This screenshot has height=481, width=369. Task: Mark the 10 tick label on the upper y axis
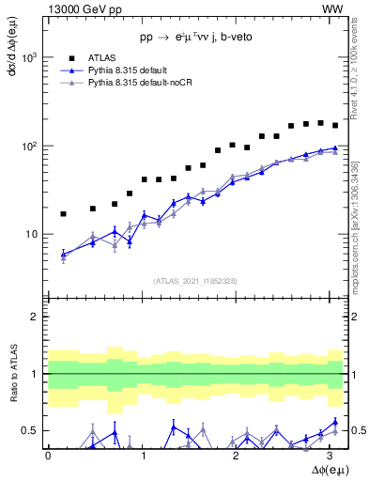[x=32, y=235]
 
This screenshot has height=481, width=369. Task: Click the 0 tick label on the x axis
[x=48, y=456]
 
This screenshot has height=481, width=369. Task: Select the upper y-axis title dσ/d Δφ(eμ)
[x=12, y=57]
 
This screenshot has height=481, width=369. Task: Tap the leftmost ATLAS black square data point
[x=63, y=214]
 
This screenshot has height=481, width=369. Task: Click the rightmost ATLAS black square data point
[x=335, y=125]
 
